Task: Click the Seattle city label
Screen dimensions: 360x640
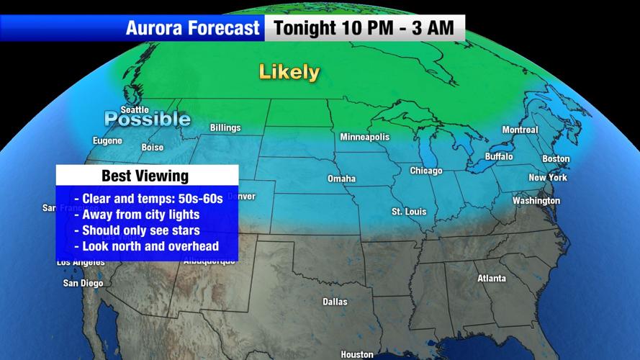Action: pos(135,110)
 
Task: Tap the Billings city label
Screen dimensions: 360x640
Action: pos(225,128)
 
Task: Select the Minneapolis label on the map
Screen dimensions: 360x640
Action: pos(364,137)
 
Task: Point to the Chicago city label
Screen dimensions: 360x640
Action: pos(425,171)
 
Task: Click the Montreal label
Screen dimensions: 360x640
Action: pos(520,130)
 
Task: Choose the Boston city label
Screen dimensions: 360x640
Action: pos(555,159)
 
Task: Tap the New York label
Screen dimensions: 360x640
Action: pos(548,178)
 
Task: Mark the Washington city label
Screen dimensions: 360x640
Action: pos(536,201)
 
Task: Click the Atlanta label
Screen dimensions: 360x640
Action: pos(491,279)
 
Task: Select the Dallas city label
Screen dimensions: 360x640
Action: pos(335,302)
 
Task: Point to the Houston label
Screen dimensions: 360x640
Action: pos(357,354)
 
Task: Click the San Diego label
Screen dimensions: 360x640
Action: pos(83,283)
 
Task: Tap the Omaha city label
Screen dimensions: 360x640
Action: pos(341,179)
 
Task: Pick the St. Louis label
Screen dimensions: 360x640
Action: pos(408,212)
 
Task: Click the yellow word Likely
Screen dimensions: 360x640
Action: pos(289,72)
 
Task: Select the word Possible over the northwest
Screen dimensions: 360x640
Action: pos(147,119)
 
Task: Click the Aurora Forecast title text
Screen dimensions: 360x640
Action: pos(192,28)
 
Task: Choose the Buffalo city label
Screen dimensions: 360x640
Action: pos(499,156)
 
